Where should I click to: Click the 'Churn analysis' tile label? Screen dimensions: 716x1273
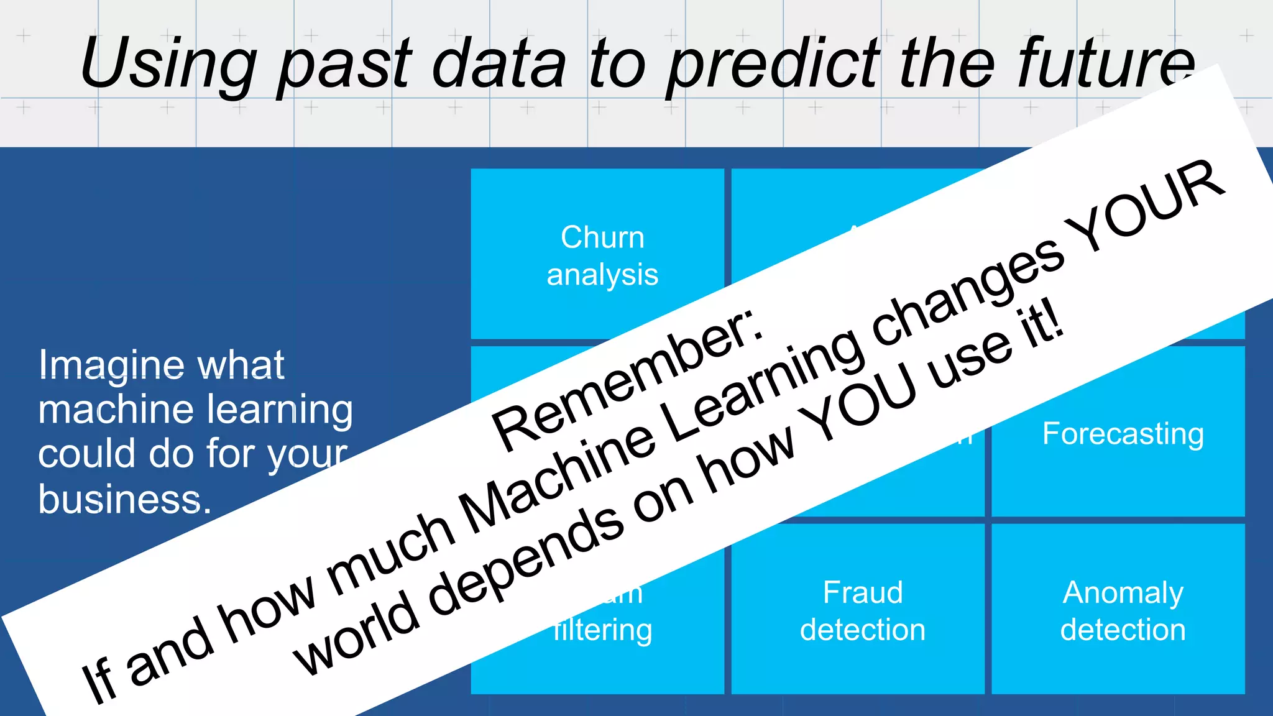[602, 255]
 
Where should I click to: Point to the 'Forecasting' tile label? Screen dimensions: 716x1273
[1123, 433]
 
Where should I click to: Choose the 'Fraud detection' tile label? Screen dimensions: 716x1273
[862, 610]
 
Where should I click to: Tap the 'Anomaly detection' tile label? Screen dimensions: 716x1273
[1123, 610]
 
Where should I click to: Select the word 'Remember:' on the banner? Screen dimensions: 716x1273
[628, 379]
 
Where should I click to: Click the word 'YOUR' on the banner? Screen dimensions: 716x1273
[1147, 205]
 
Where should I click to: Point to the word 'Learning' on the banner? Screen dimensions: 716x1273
[765, 385]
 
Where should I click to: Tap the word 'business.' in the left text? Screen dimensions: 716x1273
[124, 499]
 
